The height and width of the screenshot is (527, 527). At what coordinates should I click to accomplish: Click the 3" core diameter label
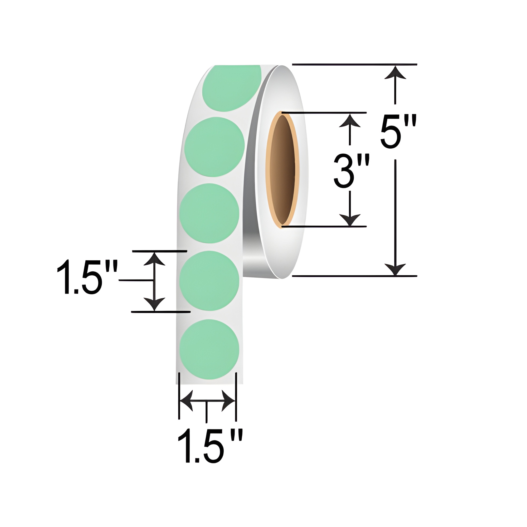click(351, 171)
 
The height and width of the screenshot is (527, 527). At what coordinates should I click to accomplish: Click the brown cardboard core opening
click(284, 169)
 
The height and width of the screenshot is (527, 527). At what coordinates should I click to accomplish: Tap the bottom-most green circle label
click(209, 349)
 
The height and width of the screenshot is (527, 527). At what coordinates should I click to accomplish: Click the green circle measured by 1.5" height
click(209, 280)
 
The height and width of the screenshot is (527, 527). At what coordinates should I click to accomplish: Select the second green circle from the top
click(215, 147)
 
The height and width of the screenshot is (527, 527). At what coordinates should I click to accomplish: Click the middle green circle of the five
click(209, 213)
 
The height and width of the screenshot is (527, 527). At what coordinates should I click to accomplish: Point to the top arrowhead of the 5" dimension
click(395, 73)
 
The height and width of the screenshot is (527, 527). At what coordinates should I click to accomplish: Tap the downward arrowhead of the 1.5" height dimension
click(154, 303)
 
